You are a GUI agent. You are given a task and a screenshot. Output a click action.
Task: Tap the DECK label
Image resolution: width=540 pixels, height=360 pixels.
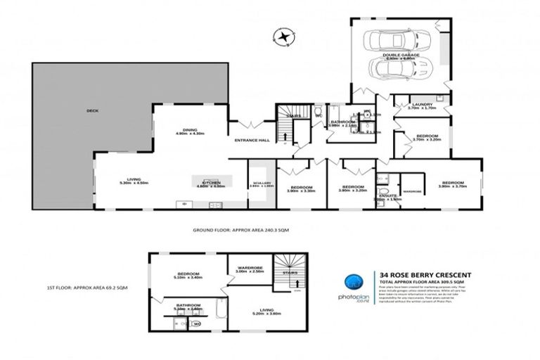pos(92,110)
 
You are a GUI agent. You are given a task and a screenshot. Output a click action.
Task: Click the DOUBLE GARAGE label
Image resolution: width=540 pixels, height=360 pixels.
pos(400,55)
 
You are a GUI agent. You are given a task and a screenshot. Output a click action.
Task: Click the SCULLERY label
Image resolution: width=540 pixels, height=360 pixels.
pos(257,184)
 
